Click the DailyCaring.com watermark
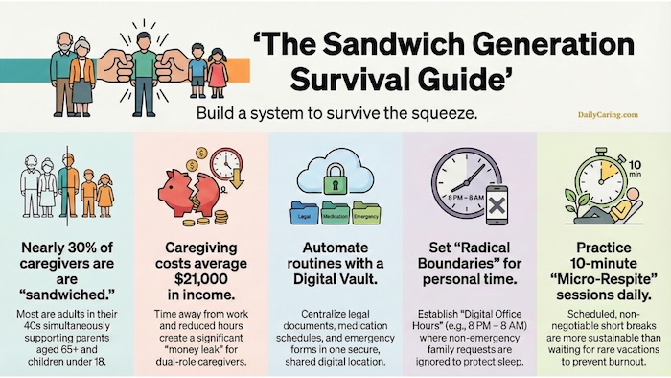pos(609,115)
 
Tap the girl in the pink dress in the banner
pos(219,73)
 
